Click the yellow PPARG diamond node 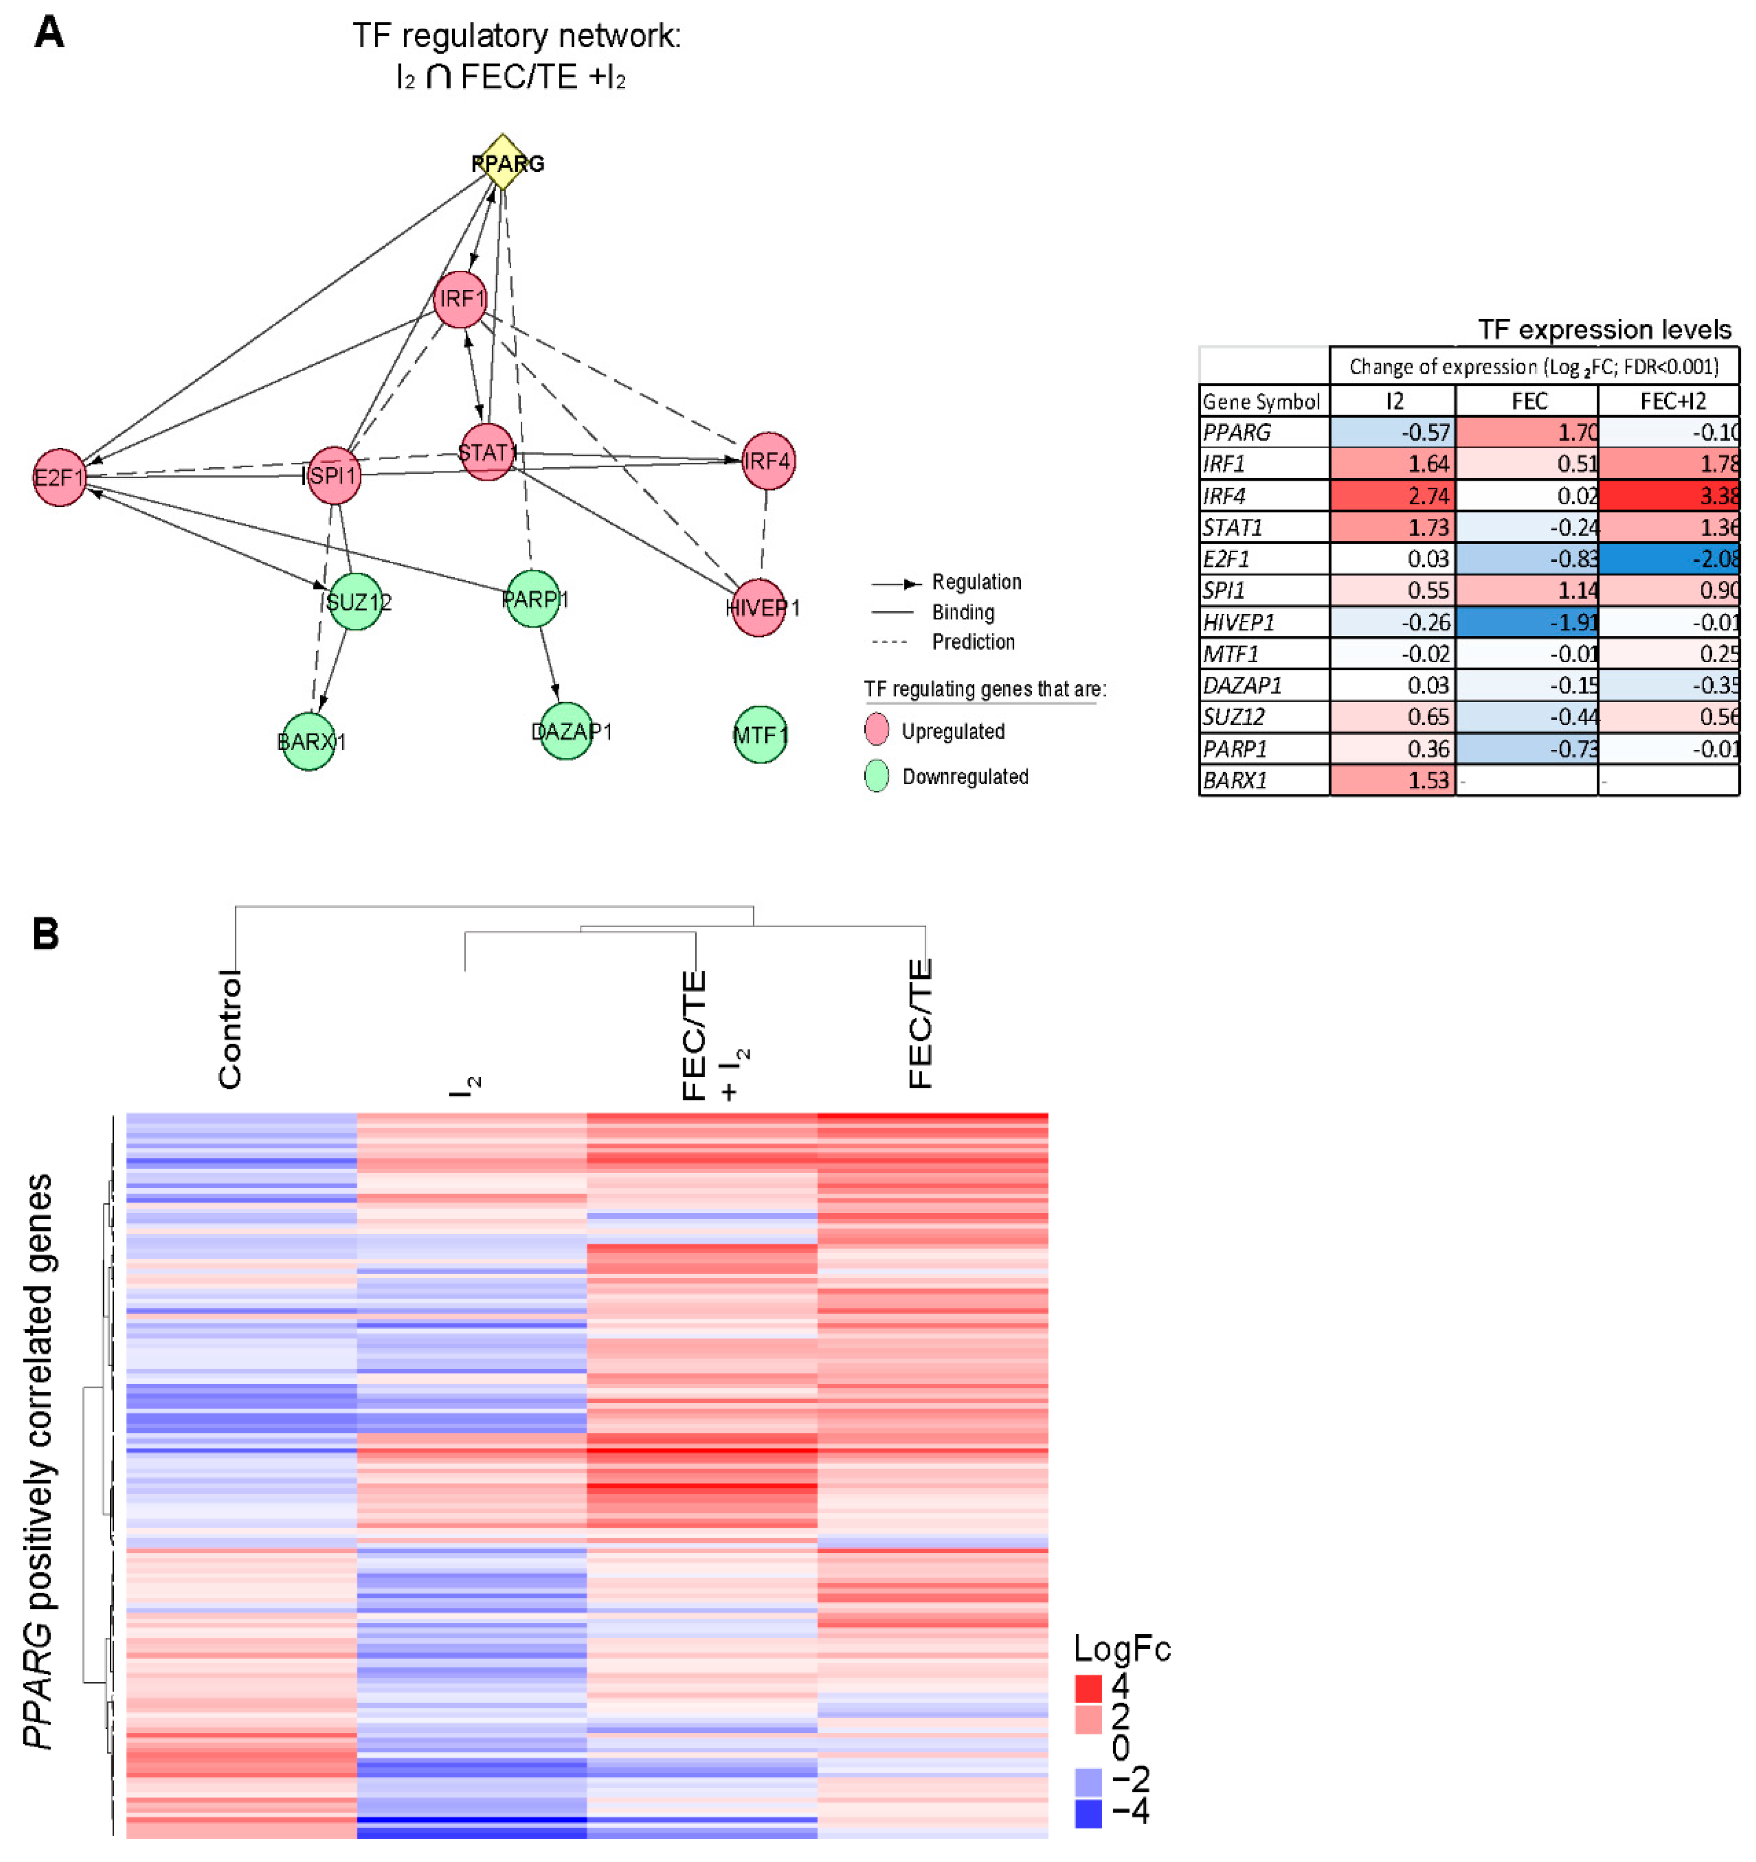(x=503, y=162)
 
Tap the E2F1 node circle (x=59, y=478)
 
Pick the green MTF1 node (x=760, y=735)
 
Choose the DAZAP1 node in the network (x=567, y=731)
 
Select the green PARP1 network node (x=532, y=600)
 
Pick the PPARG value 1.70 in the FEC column (x=1527, y=432)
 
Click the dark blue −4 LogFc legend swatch (x=1088, y=1813)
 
